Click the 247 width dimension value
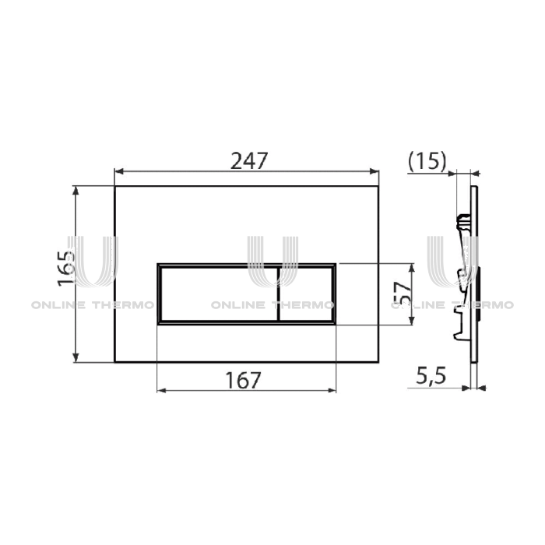pos(248,160)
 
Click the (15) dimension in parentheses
pos(427,162)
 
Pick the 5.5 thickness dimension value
pos(429,378)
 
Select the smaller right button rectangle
pos(307,292)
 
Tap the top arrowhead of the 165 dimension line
pos(76,189)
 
